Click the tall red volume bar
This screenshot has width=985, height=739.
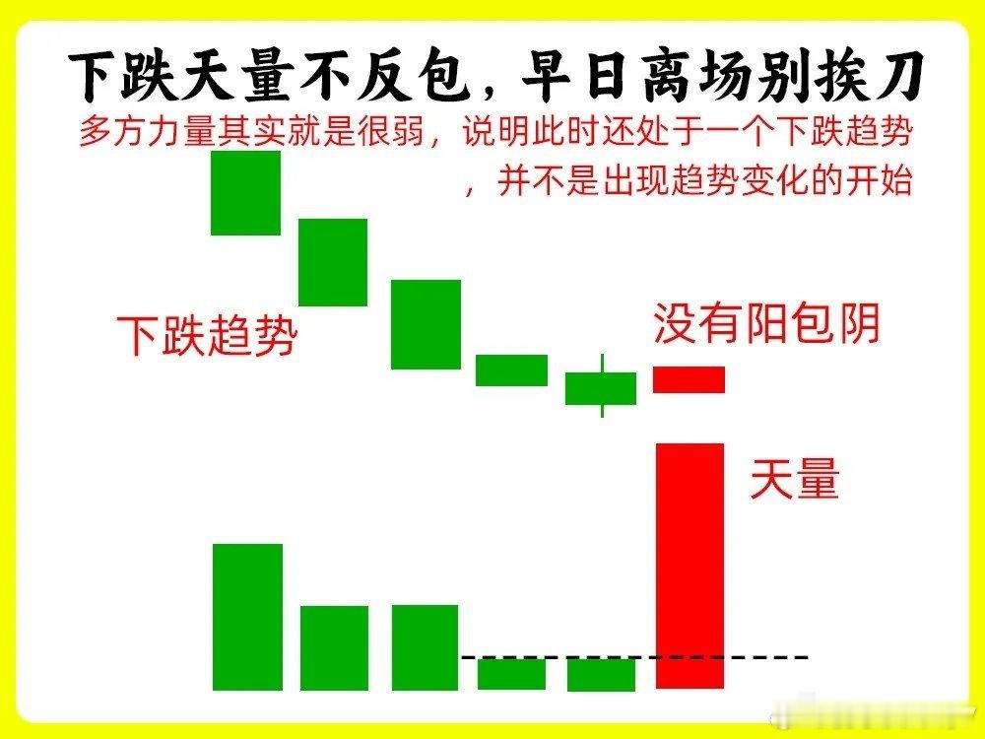(x=689, y=566)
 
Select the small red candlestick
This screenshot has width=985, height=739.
(x=689, y=379)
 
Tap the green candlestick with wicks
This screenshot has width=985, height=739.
(x=601, y=387)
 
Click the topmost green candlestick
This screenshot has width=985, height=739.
(x=245, y=193)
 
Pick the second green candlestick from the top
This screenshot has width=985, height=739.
(x=333, y=262)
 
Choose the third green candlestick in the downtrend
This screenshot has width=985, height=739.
(x=426, y=324)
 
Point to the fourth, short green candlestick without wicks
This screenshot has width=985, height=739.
(x=511, y=369)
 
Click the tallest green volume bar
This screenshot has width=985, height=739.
(x=247, y=617)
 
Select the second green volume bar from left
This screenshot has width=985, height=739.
(x=334, y=647)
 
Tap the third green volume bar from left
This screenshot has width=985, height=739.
(x=425, y=647)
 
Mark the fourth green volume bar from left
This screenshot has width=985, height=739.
(x=511, y=674)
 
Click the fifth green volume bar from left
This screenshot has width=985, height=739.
(x=601, y=674)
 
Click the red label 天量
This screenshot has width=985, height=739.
(x=794, y=481)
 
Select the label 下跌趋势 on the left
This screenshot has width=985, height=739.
(x=207, y=336)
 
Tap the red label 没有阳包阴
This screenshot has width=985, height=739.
(x=766, y=323)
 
